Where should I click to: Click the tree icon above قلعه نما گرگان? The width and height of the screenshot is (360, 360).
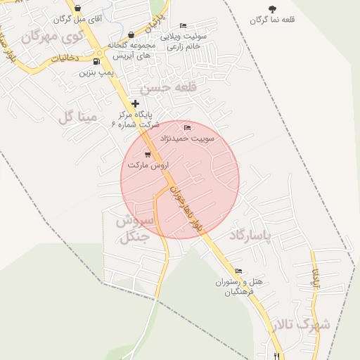click(x=272, y=9)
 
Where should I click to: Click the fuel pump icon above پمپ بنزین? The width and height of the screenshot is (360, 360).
click(x=96, y=61)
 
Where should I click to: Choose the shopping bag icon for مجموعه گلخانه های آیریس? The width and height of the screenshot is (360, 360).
click(x=131, y=34)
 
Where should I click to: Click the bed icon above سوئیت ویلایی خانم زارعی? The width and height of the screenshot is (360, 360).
click(x=184, y=26)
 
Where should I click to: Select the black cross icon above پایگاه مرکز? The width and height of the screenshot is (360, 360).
click(x=135, y=103)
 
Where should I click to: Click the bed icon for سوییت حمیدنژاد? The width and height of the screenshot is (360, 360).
click(x=186, y=128)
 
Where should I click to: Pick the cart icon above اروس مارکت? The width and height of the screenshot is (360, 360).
click(x=148, y=154)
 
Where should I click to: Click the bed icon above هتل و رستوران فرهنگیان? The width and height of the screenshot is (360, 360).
click(x=238, y=271)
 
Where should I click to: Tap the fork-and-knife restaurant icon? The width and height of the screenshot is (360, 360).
click(x=278, y=355)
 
